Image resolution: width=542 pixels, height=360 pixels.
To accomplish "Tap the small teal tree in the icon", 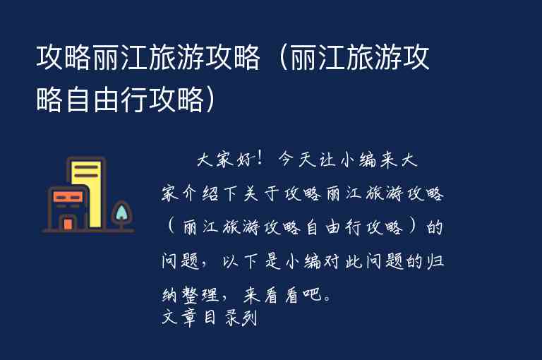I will tap(121, 212).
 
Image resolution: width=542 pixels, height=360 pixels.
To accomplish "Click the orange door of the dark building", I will tap(68, 224).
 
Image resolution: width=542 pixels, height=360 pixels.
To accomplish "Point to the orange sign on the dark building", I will tap(68, 197).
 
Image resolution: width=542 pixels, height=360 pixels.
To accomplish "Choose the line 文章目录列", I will tap(208, 318).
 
